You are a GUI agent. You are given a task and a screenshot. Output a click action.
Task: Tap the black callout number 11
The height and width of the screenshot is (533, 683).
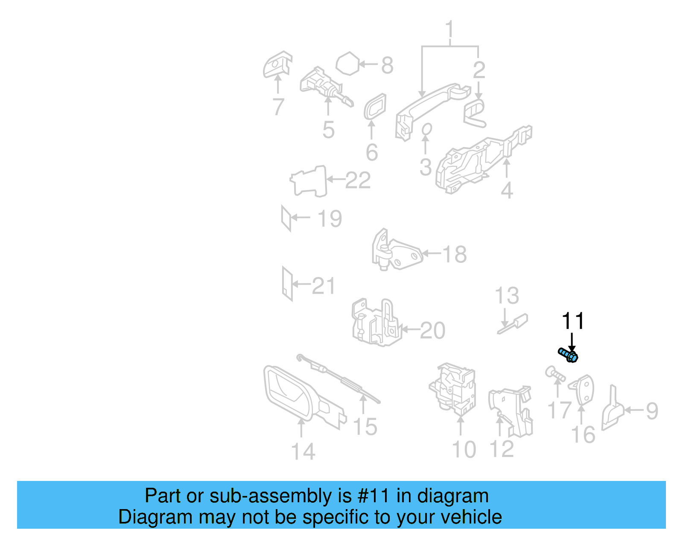[572, 321]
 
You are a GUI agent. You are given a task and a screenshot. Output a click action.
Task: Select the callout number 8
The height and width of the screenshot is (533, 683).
[387, 65]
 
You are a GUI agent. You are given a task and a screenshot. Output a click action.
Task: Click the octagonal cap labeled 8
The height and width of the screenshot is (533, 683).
[349, 64]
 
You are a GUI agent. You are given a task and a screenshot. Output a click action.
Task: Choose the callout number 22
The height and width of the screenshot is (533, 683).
[358, 180]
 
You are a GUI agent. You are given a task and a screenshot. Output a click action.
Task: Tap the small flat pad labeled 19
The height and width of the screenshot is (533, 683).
[286, 218]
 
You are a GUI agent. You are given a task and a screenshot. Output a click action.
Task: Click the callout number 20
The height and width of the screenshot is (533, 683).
[432, 331]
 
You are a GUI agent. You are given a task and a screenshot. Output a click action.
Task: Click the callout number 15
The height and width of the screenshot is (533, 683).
[365, 427]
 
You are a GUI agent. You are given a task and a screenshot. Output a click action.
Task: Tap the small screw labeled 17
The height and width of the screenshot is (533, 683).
[555, 374]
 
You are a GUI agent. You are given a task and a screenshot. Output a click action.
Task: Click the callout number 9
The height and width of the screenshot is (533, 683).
[652, 411]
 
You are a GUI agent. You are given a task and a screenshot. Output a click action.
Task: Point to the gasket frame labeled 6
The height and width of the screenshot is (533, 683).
[375, 106]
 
